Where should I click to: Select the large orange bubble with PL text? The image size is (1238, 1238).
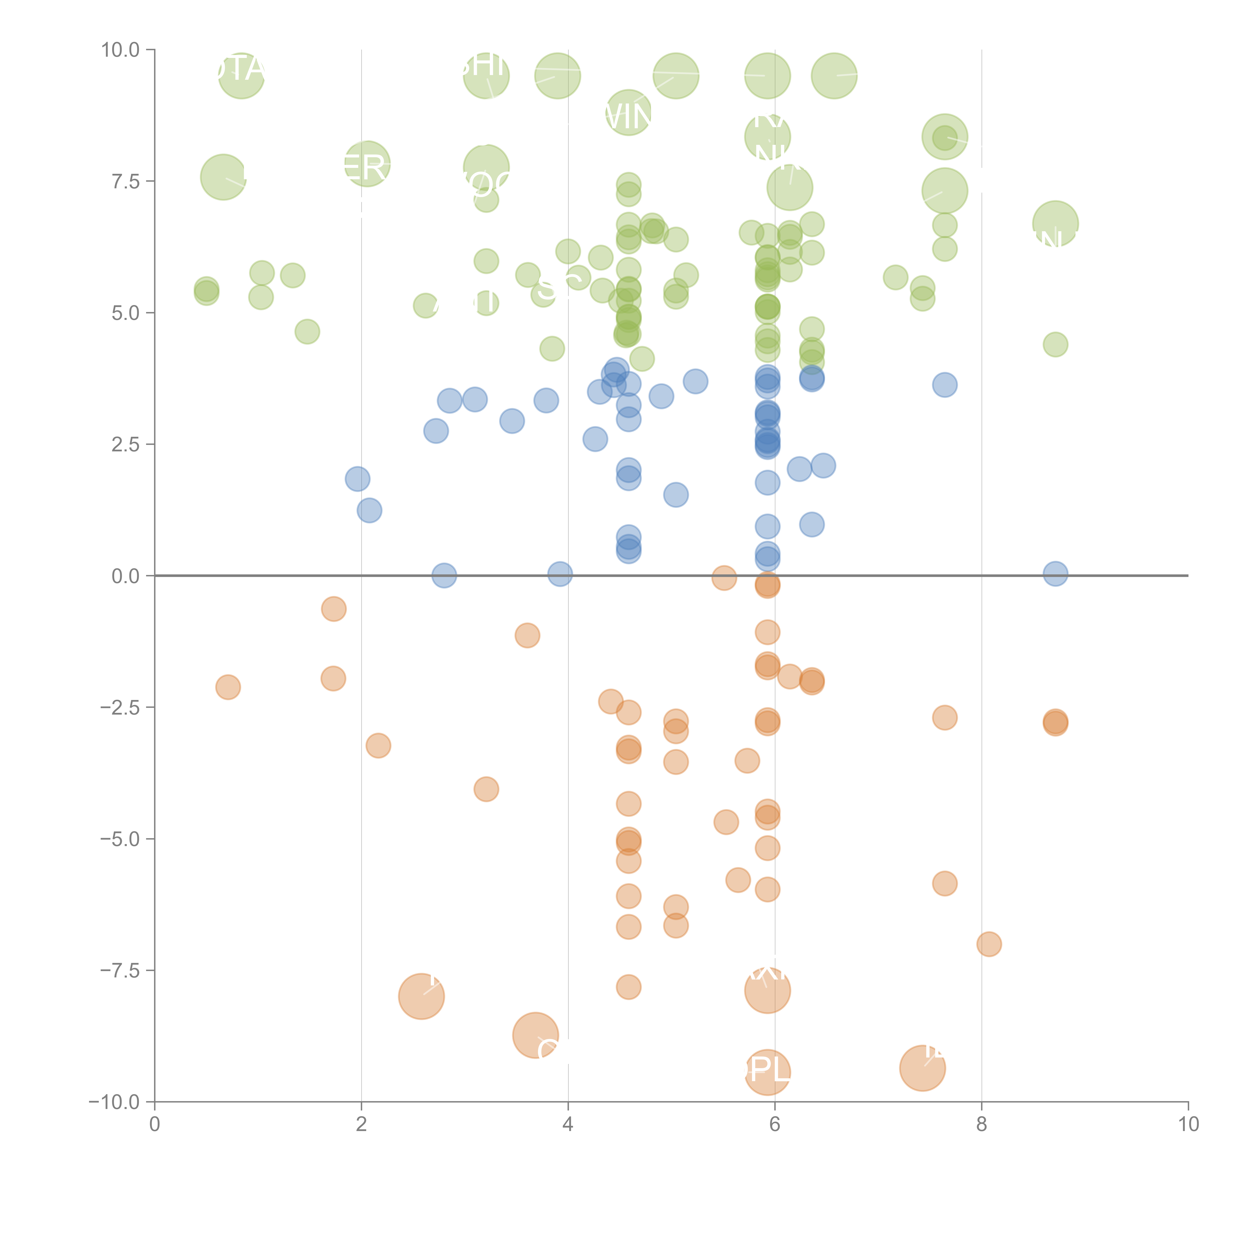[768, 1073]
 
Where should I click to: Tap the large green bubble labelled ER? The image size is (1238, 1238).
[367, 164]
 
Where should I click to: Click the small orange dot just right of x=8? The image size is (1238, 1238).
[989, 944]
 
